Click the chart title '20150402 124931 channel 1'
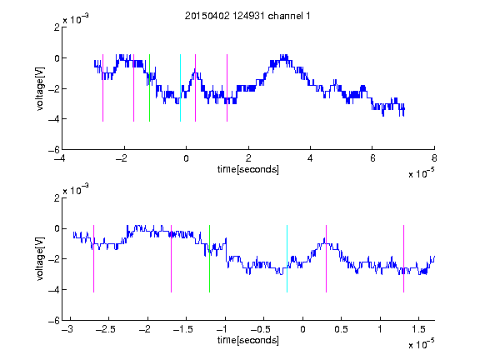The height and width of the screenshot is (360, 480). click(x=247, y=16)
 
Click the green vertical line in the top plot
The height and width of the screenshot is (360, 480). click(x=149, y=87)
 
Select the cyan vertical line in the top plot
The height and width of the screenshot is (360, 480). click(x=180, y=87)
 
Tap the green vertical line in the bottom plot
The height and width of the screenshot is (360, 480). click(x=209, y=258)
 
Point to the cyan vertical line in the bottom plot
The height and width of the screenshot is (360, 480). click(x=287, y=258)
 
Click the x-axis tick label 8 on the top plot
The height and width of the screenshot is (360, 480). click(x=434, y=158)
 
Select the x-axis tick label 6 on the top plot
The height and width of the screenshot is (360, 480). click(x=372, y=158)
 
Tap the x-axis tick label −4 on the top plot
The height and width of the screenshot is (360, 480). click(x=59, y=158)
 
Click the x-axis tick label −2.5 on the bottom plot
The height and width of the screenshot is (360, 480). click(x=106, y=329)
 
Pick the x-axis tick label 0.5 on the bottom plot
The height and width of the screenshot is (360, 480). click(x=341, y=329)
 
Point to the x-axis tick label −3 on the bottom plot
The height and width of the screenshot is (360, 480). click(x=67, y=329)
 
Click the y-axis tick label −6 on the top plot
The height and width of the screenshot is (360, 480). click(x=54, y=150)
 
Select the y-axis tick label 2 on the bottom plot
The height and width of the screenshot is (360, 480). click(x=57, y=198)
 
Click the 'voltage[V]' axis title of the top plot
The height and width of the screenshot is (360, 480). click(x=40, y=88)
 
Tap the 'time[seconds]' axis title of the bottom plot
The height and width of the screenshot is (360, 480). click(x=248, y=340)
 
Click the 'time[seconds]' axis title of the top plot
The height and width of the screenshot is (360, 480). click(x=248, y=169)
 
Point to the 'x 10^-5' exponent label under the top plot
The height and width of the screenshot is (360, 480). click(x=421, y=173)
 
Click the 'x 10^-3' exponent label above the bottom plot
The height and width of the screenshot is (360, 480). click(x=76, y=190)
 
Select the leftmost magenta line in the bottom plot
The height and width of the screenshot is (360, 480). click(x=93, y=258)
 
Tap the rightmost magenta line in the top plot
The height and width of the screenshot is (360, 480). click(x=227, y=87)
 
